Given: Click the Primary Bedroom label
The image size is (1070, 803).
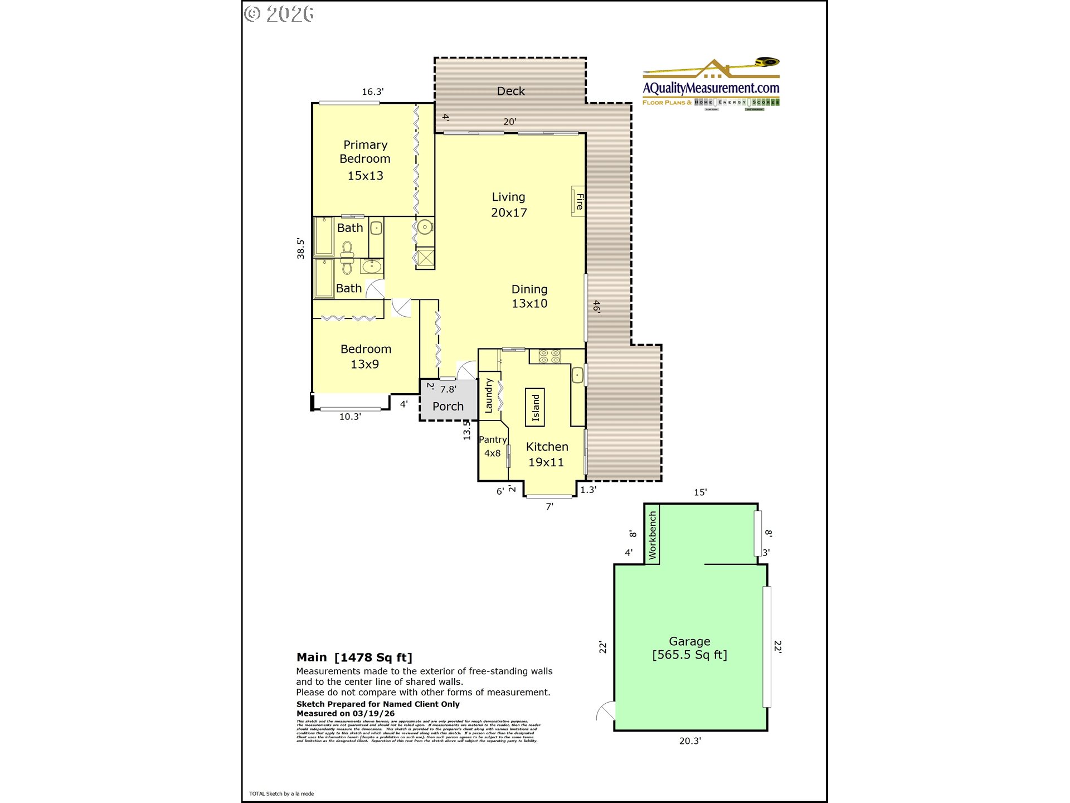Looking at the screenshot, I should coord(365,152).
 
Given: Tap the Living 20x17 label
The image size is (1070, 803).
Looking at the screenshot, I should coord(508,205).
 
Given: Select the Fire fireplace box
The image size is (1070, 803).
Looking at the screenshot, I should coord(578,201).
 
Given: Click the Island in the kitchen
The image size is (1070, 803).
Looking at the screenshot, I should coord(535,408).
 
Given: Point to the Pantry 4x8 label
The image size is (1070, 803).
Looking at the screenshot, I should coord(493,446).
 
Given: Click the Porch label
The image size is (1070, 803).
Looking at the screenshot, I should coord(448,407).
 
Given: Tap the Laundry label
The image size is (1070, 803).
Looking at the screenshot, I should coord(489,395).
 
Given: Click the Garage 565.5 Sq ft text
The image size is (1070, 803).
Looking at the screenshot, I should coord(689,648).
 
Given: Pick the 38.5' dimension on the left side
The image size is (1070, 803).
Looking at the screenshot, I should coord(300,249).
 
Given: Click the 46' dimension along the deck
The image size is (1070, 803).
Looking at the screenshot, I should coord(596,306).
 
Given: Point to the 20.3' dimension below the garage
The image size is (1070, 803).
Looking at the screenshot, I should coord(690,741).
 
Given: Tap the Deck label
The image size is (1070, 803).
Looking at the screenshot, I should coord(510,91).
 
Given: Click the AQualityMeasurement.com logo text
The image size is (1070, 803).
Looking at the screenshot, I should coord(711,88).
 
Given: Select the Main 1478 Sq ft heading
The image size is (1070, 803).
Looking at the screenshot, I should coord(354,657).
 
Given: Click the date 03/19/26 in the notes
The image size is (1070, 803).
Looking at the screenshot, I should coord(373,714).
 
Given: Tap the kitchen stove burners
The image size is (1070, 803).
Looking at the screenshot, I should coord(549,356).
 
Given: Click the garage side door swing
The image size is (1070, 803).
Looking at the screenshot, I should coord(606,712).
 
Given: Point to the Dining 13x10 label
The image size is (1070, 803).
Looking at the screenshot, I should coord(529,296).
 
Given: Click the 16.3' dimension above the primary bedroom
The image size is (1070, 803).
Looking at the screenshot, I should coord(373,92).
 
